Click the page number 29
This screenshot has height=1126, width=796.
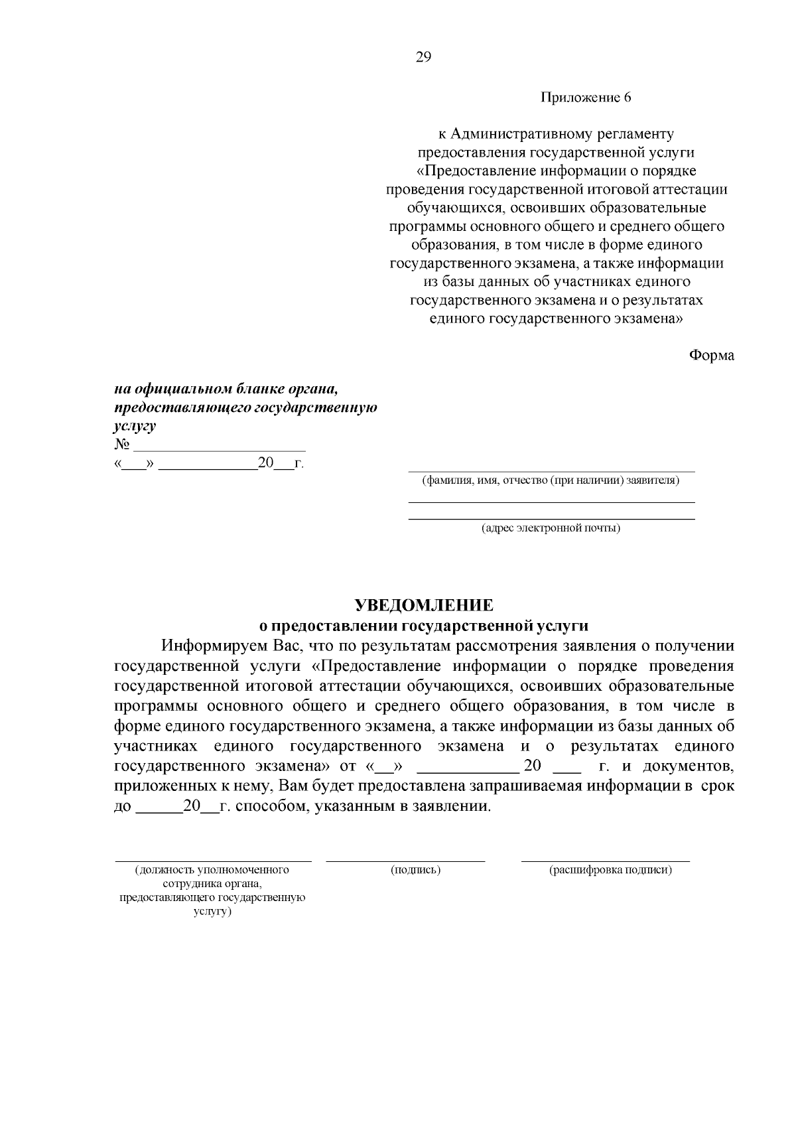(x=423, y=57)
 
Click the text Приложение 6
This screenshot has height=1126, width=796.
(x=586, y=98)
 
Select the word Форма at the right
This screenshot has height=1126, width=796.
(x=711, y=355)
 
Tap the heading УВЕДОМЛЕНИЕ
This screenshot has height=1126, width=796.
(x=424, y=605)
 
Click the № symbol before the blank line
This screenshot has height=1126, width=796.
(x=121, y=444)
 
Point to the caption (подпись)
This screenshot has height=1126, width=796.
(x=416, y=870)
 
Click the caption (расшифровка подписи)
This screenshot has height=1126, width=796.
(x=610, y=870)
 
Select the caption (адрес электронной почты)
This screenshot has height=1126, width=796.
(x=551, y=528)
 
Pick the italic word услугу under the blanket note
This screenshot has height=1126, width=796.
(x=135, y=426)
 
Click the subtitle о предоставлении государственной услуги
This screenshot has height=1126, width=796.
(x=423, y=625)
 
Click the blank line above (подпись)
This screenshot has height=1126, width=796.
(x=405, y=861)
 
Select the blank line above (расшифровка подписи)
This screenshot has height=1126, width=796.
(x=605, y=861)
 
